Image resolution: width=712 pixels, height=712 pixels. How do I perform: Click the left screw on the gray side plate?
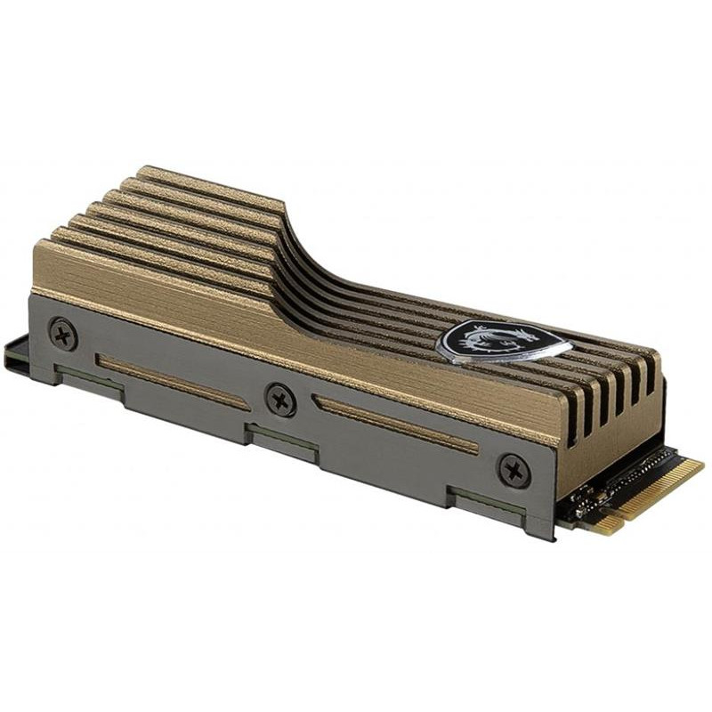tap(62, 334)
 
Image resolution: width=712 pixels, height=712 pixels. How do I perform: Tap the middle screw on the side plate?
tap(280, 398)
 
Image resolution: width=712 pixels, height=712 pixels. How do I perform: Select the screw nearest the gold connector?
tap(514, 468)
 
